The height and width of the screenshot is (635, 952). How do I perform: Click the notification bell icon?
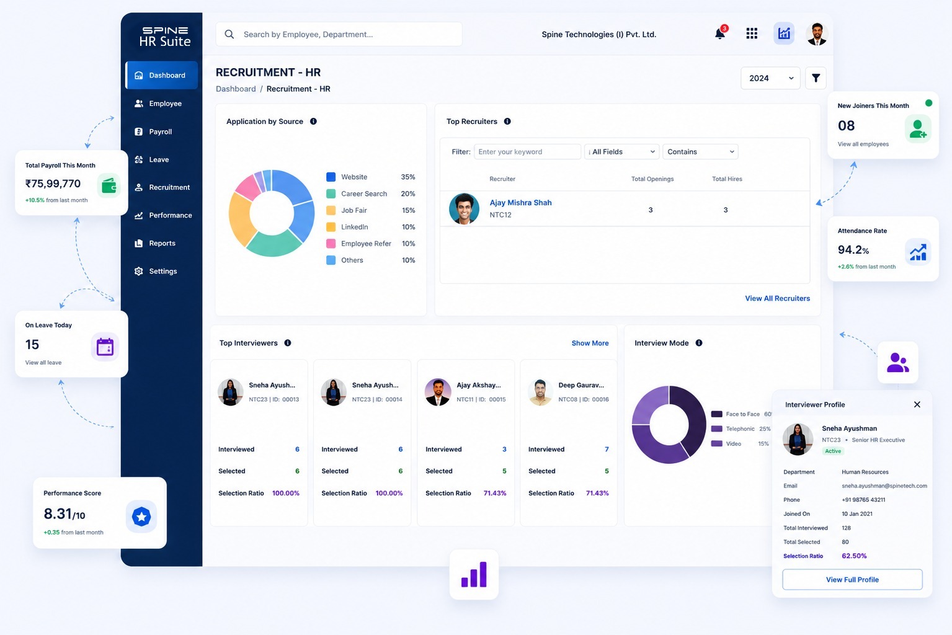click(719, 33)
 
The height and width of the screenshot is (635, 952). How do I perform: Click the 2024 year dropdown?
click(770, 78)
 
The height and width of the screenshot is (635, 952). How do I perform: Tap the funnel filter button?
click(816, 78)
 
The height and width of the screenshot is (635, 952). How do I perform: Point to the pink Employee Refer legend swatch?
click(331, 244)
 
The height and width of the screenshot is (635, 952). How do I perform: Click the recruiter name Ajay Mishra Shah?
click(520, 203)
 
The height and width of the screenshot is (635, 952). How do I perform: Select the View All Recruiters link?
click(777, 298)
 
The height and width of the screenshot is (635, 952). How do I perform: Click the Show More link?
click(590, 343)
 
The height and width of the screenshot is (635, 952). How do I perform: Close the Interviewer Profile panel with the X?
click(917, 405)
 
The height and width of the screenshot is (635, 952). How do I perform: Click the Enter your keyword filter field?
click(527, 152)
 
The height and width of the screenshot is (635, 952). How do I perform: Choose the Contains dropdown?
click(700, 152)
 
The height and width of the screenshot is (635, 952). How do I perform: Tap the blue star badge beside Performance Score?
click(141, 517)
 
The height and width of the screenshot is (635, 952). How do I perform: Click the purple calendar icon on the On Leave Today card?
click(105, 347)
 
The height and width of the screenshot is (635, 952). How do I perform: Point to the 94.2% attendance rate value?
click(853, 250)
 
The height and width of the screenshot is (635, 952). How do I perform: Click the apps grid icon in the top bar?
click(752, 33)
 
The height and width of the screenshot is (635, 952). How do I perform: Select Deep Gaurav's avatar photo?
click(540, 392)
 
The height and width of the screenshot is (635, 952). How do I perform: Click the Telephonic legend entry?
click(741, 429)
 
